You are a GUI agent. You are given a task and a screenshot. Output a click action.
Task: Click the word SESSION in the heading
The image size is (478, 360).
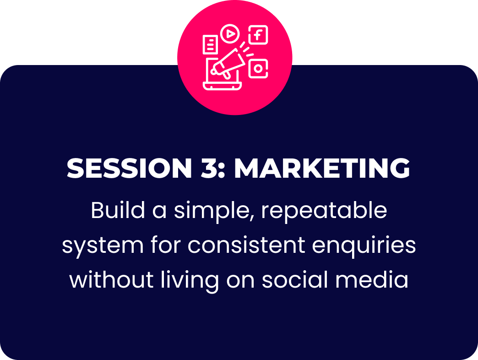point(129,168)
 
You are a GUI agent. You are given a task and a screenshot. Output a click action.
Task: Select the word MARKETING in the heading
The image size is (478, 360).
point(322,168)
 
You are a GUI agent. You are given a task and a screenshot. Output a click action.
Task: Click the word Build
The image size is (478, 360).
point(118,210)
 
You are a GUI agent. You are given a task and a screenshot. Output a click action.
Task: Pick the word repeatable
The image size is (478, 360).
point(324,212)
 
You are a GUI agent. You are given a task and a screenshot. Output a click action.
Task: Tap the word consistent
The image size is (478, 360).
point(246,245)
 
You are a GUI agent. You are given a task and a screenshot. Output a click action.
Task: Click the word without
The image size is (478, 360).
point(111,279)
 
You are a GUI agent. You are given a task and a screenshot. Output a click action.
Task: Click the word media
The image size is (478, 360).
point(372,279)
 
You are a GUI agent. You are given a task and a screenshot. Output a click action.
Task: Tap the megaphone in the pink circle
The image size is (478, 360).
point(228,63)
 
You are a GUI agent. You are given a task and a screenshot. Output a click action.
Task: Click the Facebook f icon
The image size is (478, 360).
point(258,35)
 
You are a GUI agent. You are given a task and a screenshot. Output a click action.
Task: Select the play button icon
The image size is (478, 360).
point(230,33)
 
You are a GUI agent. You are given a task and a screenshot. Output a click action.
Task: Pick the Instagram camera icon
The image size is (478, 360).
point(258,69)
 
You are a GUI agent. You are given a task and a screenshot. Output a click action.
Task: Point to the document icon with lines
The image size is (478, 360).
point(210,45)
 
